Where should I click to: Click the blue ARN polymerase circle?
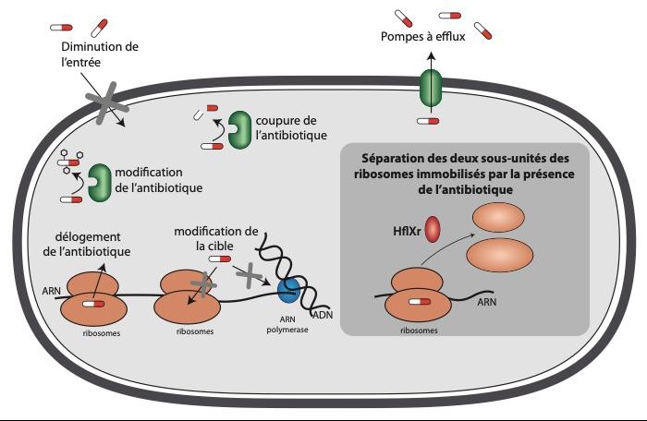tap(290, 290)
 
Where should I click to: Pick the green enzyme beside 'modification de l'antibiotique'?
tap(99, 181)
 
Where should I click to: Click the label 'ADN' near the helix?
tap(323, 315)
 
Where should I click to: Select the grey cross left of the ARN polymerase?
tap(250, 272)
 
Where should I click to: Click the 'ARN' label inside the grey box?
tap(485, 300)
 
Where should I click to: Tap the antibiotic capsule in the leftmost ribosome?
tap(93, 302)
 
